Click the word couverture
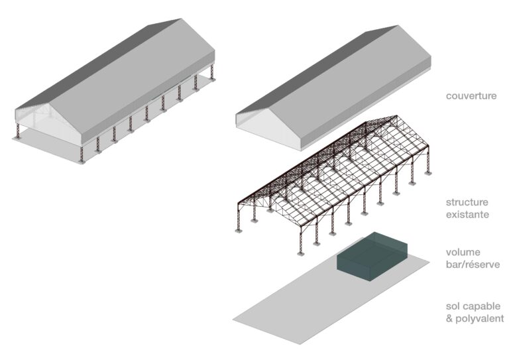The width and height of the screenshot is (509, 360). pos(471,96)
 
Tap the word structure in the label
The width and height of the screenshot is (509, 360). pos(467,202)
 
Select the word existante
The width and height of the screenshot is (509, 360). pos(467,215)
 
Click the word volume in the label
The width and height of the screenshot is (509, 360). pos(463,252)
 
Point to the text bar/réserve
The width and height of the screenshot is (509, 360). pos(473,265)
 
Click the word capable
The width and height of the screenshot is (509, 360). pos(482,306)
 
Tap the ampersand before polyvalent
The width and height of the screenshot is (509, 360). pos(449,318)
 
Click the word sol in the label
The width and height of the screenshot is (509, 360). pos(453,306)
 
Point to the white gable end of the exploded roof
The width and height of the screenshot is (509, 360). pos(269,129)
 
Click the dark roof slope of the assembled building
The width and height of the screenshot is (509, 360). pos(97,65)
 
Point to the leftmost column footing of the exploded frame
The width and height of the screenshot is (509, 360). pos(239,231)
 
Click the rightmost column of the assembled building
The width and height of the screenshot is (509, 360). pos(212,72)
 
